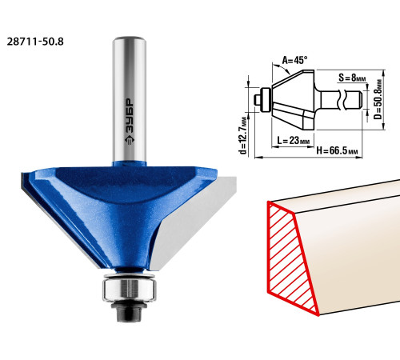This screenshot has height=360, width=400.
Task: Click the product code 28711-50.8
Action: (x=35, y=42)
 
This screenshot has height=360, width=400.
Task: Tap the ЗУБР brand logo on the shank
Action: (x=130, y=122)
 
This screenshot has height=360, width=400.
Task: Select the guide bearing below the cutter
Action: (x=130, y=289)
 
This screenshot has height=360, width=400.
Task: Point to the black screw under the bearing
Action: (x=130, y=310)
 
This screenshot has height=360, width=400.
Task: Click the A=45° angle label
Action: (x=294, y=60)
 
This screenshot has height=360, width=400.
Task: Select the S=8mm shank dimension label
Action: (x=352, y=78)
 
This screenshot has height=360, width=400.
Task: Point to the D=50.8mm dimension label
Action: (x=378, y=99)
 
